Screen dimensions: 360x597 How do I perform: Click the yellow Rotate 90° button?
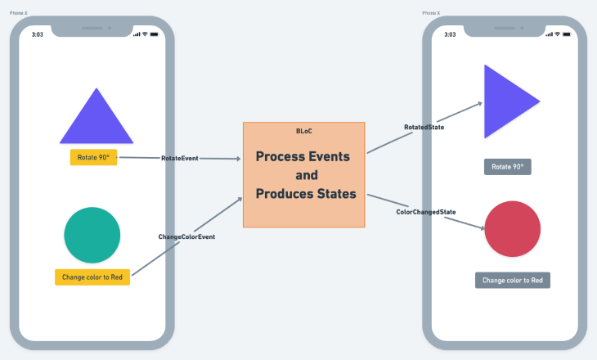[x=93, y=158]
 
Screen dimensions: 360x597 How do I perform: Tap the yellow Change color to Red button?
[x=92, y=277]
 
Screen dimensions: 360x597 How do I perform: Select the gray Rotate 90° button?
[x=507, y=167]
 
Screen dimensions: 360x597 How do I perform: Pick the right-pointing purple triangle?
[x=505, y=101]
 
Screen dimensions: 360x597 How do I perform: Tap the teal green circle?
[x=92, y=235]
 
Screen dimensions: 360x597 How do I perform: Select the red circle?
[x=513, y=229]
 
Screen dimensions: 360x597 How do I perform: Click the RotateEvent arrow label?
[x=180, y=158]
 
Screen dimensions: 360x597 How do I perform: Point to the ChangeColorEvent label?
[x=186, y=236]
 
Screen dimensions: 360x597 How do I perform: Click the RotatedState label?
[x=424, y=127]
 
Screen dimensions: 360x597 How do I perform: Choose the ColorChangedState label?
[x=426, y=212]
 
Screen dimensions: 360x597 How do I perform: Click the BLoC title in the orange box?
[x=304, y=131]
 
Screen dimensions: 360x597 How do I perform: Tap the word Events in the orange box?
[x=326, y=156]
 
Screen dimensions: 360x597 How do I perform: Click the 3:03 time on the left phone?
[x=38, y=34]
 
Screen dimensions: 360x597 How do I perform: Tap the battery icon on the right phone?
[x=566, y=34]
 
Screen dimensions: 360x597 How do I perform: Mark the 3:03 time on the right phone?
[x=451, y=34]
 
